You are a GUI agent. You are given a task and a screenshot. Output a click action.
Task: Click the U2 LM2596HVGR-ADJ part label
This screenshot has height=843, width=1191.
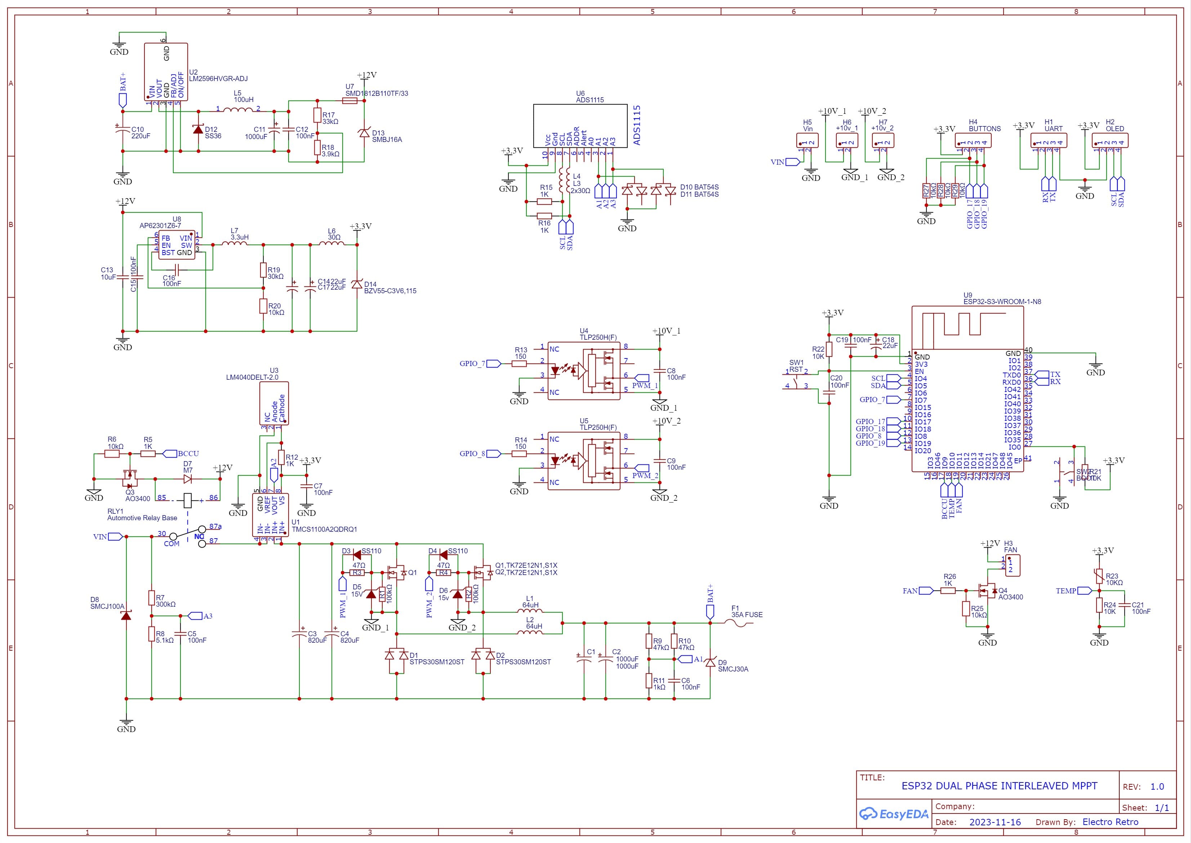pyautogui.click(x=218, y=79)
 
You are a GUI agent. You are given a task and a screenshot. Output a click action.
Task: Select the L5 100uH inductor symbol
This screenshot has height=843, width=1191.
pyautogui.click(x=238, y=110)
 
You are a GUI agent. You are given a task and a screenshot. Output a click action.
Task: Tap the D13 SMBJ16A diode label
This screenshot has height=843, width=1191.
pyautogui.click(x=386, y=137)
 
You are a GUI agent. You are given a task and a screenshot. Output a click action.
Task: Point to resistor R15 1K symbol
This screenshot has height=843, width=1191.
pyautogui.click(x=544, y=201)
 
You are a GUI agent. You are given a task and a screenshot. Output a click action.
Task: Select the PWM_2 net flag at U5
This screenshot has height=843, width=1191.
pyautogui.click(x=643, y=468)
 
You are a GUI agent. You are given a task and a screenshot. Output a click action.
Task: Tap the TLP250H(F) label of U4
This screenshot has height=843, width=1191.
pyautogui.click(x=598, y=338)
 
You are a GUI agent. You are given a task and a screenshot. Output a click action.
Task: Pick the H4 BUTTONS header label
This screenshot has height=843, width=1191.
pyautogui.click(x=985, y=129)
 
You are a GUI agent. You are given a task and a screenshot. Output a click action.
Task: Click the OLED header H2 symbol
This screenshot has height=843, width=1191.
pyautogui.click(x=1110, y=140)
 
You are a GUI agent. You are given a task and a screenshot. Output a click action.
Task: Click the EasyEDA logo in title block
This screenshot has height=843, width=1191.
pyautogui.click(x=893, y=814)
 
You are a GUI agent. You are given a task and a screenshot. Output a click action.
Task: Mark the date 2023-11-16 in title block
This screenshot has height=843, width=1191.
pyautogui.click(x=995, y=822)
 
